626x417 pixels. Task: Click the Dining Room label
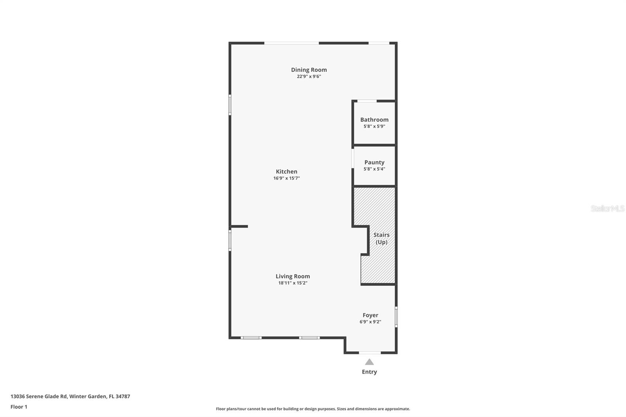[309, 70]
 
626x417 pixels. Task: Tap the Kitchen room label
[286, 171]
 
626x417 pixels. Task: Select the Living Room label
[293, 276]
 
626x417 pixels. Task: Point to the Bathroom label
[374, 120]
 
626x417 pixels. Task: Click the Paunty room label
[374, 162]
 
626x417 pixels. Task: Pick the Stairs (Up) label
[381, 238]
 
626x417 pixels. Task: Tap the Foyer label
[370, 315]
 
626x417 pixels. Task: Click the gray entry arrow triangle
[369, 362]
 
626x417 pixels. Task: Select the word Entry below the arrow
[369, 372]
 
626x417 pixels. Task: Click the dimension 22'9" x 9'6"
[309, 77]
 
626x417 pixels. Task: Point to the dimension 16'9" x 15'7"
[286, 178]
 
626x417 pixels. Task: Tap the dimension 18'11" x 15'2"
[293, 283]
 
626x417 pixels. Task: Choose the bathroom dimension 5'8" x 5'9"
[374, 126]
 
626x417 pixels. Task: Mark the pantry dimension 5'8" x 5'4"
[374, 169]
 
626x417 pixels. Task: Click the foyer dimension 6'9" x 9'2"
[370, 322]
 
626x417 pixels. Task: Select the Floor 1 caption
[19, 407]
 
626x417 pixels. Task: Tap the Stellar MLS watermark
[607, 208]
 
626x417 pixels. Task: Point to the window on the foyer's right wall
[396, 316]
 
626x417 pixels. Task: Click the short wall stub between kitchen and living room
[239, 226]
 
